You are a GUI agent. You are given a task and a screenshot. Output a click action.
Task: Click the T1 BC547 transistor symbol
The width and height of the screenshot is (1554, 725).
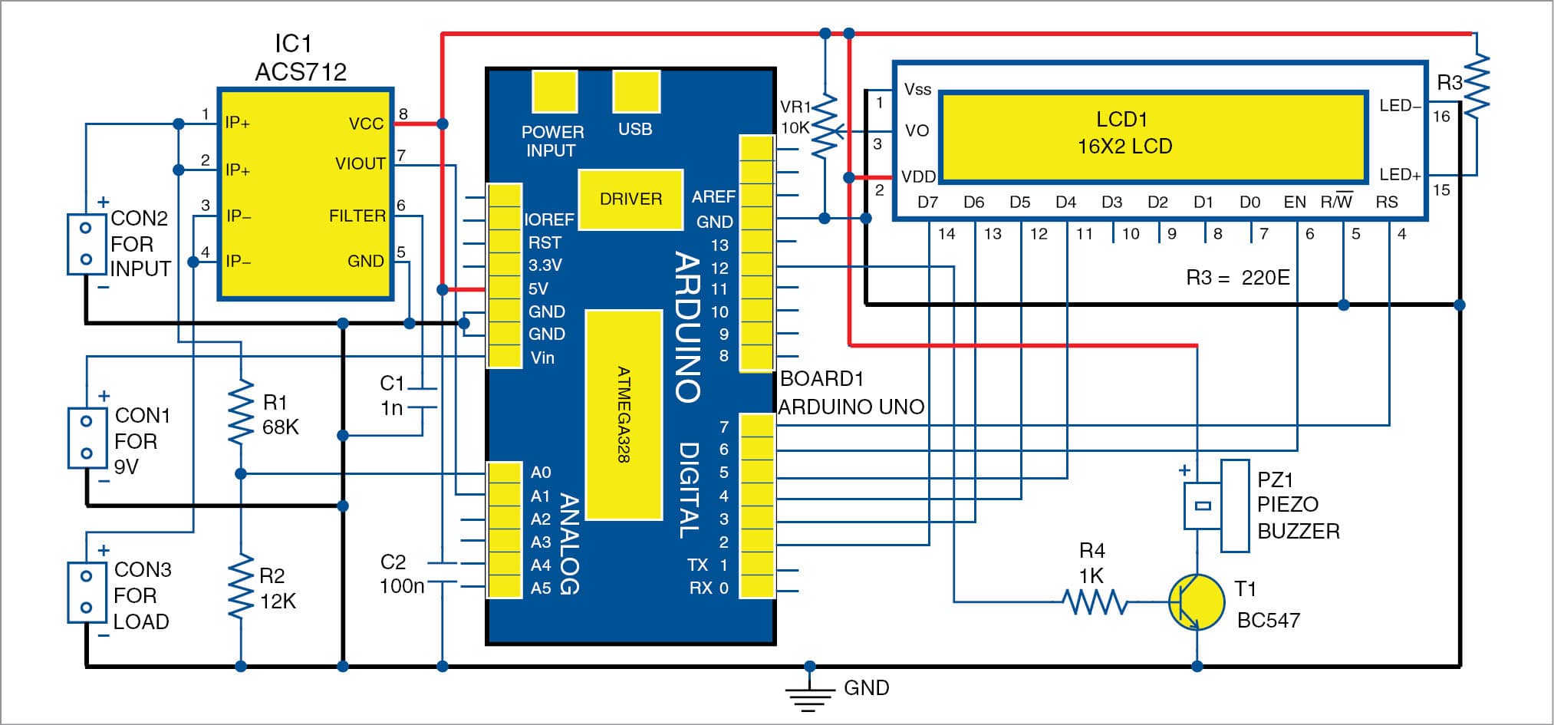(x=1196, y=603)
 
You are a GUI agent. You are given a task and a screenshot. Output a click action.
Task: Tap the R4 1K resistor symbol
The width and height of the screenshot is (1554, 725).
(x=1094, y=602)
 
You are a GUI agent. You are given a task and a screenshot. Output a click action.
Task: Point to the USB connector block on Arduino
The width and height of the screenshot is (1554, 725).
(x=636, y=92)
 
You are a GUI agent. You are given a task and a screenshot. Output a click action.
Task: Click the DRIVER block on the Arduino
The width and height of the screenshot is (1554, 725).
(x=630, y=199)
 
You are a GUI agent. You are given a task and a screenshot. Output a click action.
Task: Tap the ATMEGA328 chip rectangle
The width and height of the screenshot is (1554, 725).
(x=624, y=414)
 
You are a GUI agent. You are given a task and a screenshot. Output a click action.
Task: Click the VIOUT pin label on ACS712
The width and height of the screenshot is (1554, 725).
(x=360, y=163)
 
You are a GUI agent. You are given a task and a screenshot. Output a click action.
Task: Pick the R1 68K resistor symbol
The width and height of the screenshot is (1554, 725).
(x=241, y=413)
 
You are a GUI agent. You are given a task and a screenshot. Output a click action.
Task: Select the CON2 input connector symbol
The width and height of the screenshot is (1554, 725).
(x=86, y=244)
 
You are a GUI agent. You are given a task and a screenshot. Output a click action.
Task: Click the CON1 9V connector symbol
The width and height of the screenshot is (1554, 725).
(x=87, y=438)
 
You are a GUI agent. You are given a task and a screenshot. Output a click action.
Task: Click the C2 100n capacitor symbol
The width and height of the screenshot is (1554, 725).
(x=442, y=573)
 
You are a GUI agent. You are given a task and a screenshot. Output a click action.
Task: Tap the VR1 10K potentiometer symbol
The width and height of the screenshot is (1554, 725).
(x=825, y=127)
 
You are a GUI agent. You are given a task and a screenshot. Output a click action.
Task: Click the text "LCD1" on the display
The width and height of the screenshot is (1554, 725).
(x=1121, y=120)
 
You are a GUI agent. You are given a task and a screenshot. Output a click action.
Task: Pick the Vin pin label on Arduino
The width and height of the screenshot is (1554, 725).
(x=542, y=358)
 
